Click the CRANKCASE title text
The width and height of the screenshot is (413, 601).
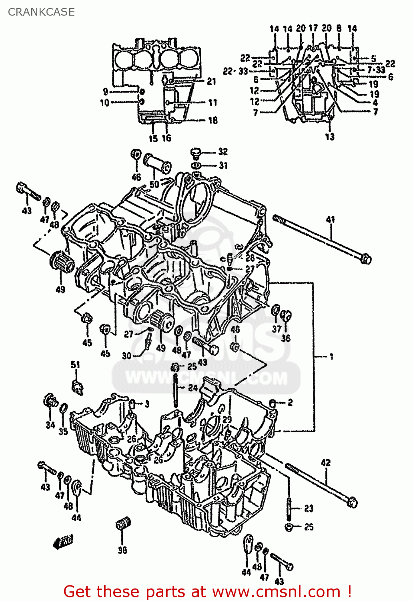41,12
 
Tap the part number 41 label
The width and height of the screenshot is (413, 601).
330,219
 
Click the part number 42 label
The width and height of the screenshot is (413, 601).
326,462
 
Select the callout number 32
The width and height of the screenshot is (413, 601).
223,151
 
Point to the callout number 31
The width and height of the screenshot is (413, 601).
223,165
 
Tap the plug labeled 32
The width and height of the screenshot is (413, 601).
196,153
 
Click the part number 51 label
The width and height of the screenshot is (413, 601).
75,364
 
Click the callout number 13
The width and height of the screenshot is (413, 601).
329,137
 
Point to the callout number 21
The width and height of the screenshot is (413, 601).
211,81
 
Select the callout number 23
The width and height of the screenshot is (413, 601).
309,508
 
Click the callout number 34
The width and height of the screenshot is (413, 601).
50,425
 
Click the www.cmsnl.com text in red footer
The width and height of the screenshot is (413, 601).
276,591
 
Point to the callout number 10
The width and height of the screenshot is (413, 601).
104,103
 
